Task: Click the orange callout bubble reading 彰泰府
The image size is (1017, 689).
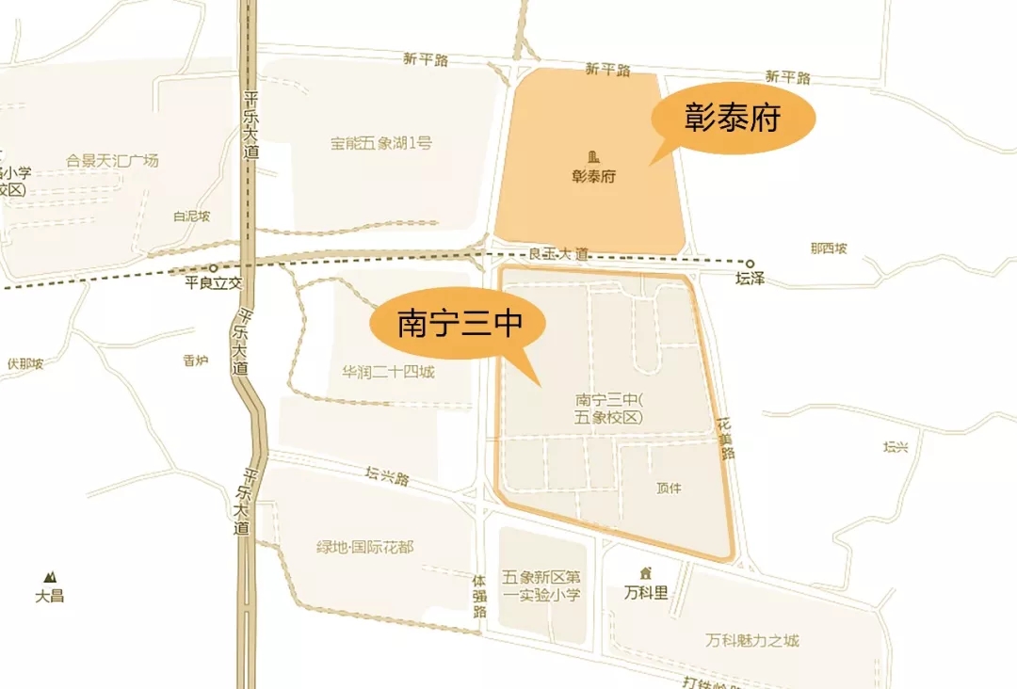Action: point(734,120)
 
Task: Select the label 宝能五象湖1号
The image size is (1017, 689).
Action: point(380,144)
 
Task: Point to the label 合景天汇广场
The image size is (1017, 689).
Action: point(113,161)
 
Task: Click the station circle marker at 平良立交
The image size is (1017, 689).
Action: point(214,268)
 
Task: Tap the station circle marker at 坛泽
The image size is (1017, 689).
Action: point(751,264)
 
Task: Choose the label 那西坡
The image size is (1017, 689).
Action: point(829,248)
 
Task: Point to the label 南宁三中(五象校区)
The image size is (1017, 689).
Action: point(607,409)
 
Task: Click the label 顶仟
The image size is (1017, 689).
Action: point(669,488)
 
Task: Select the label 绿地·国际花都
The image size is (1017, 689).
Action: point(365,548)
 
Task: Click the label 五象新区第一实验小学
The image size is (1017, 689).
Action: point(541,585)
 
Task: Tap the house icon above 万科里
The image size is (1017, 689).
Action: point(646,573)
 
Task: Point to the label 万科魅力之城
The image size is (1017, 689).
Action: point(752,641)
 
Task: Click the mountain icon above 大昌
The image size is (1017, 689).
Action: point(48,576)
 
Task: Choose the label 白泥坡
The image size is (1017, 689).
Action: point(191,216)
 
